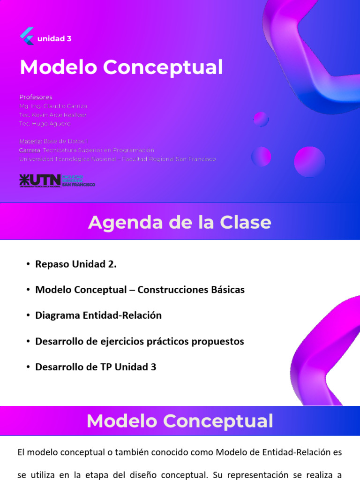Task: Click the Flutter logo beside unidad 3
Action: coord(27,37)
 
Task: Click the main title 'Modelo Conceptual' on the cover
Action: coord(121,67)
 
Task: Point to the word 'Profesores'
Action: coord(36,97)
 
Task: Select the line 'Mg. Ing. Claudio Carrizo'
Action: coord(53,106)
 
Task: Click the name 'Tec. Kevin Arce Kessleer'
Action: coord(53,115)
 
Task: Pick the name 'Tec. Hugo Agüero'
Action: coord(45,123)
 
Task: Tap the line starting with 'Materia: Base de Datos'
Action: coord(53,141)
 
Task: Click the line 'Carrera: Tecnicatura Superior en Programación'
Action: coord(87,150)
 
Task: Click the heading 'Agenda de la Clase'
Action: coord(180,222)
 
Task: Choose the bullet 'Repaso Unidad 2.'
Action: coord(75,264)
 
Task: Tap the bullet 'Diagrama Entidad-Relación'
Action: coord(98,315)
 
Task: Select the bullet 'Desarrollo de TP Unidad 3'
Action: coord(96,367)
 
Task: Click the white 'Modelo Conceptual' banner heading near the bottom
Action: coord(180,420)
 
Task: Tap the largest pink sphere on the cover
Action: coord(309,161)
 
